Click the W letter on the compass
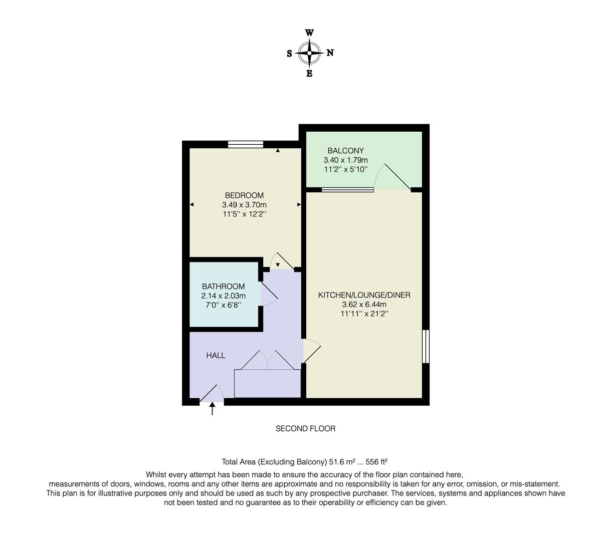(310, 33)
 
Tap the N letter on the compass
(330, 53)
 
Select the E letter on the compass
(309, 74)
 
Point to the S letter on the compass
(289, 54)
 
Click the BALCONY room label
(345, 150)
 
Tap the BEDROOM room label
(244, 195)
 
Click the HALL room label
(216, 355)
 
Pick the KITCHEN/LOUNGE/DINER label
(364, 295)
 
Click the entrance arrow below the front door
(212, 409)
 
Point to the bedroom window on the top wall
(246, 145)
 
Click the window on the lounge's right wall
(426, 346)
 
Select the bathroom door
(268, 293)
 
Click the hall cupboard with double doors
(267, 383)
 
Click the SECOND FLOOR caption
(305, 428)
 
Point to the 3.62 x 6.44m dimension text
(364, 305)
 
